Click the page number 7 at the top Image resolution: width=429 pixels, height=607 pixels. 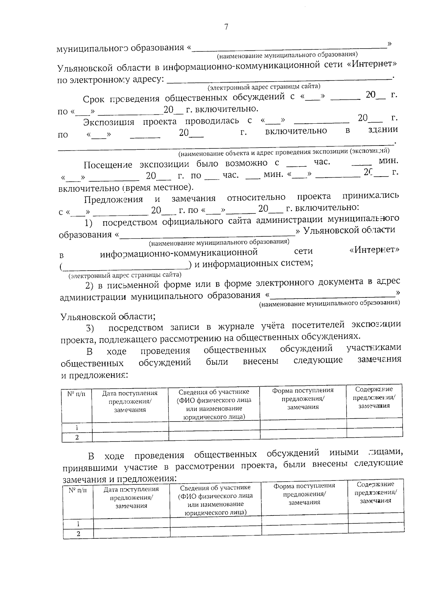coord(226,27)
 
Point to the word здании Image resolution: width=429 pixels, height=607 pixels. coord(383,129)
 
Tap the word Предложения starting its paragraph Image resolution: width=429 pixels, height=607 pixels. coord(113,199)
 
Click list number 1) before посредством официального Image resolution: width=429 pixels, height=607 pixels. coord(89,223)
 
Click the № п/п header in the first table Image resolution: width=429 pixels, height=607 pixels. coord(77,394)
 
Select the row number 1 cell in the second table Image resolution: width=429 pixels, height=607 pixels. coord(78,524)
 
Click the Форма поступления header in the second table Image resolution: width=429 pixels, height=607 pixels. coord(304,494)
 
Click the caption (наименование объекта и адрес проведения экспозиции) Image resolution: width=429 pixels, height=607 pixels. coord(284,153)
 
